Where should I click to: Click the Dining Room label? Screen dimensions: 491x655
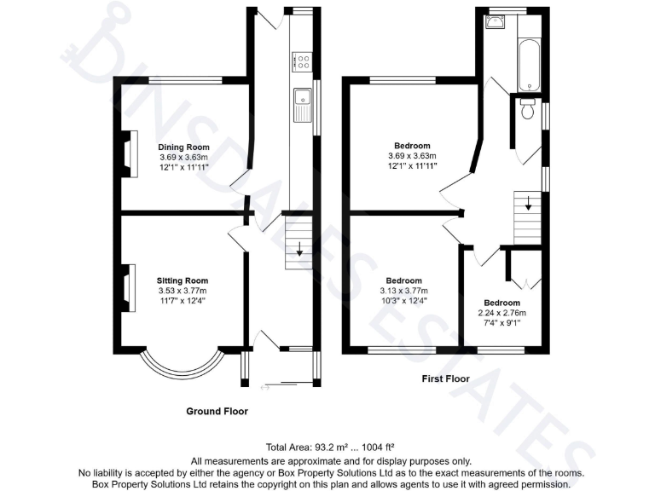tap(183, 146)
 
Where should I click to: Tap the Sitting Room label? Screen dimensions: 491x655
tap(182, 280)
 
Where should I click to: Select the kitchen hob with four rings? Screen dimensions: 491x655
tap(302, 61)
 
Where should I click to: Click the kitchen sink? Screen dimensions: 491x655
tap(303, 106)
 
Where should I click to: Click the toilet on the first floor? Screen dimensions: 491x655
tap(527, 109)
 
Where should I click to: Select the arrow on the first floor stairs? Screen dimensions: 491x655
tap(528, 205)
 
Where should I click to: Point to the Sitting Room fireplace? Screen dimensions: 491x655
tap(128, 287)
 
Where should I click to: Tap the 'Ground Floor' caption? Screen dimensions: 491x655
tap(217, 411)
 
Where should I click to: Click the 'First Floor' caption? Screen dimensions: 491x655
tap(445, 378)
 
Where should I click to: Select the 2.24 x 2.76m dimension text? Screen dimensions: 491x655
tap(501, 313)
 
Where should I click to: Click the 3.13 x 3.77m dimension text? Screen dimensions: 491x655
tap(403, 291)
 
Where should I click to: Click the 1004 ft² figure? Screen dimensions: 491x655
tap(374, 446)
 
